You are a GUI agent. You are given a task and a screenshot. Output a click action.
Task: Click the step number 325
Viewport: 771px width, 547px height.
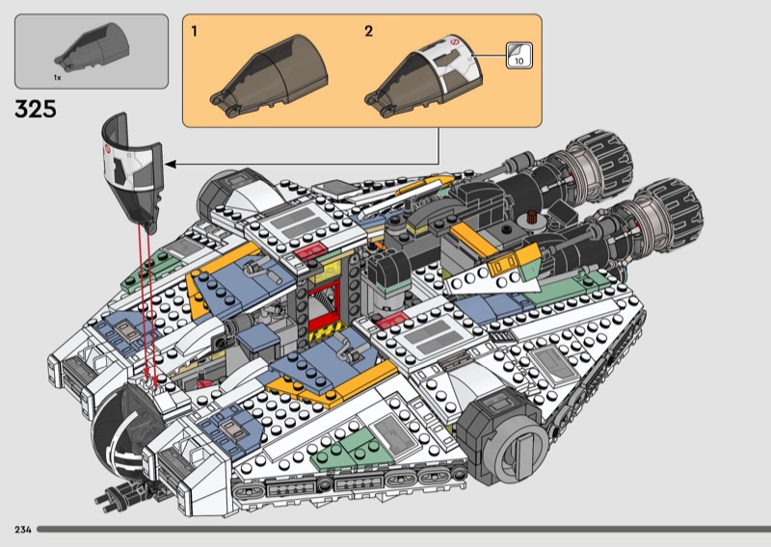pyautogui.click(x=36, y=109)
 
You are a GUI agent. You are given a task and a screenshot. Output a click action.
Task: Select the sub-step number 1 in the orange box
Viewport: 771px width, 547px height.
pyautogui.click(x=195, y=32)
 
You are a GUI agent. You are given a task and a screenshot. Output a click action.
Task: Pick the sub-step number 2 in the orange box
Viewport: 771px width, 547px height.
pyautogui.click(x=368, y=32)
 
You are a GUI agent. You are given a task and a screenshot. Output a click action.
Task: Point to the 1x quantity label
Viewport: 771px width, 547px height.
pyautogui.click(x=57, y=75)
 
